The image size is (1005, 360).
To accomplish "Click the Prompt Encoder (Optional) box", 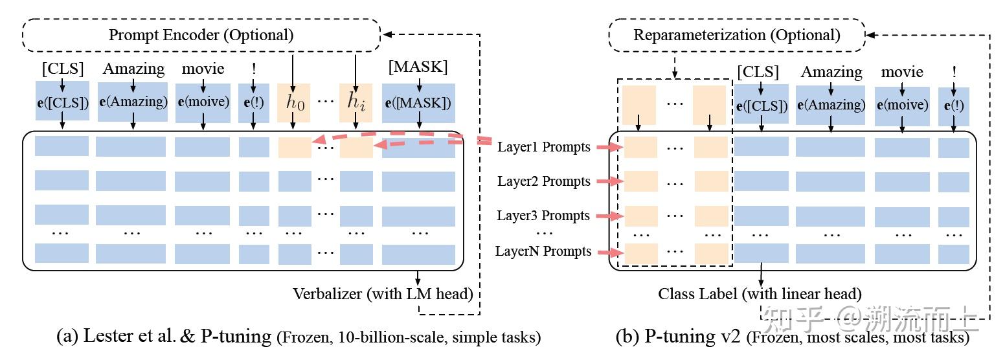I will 201,34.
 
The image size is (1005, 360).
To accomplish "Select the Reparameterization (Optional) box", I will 736,34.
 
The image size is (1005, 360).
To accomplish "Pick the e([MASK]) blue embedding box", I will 418,102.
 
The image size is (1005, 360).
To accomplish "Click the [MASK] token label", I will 418,67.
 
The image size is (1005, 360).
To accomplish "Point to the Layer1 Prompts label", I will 543,147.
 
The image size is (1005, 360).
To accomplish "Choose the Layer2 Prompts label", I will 543,181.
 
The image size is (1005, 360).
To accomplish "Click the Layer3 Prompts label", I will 543,216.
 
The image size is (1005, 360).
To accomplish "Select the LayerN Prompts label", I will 543,251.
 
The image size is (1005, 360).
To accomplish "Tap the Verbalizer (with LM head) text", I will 383,293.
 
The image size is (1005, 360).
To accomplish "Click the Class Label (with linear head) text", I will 760,293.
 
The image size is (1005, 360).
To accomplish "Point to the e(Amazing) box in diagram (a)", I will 133,102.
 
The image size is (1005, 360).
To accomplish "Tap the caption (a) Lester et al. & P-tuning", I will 298,337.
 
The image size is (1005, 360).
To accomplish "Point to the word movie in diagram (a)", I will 203,69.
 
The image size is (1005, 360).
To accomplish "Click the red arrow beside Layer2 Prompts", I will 609,182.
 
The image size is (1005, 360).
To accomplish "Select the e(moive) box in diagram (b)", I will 902,106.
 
